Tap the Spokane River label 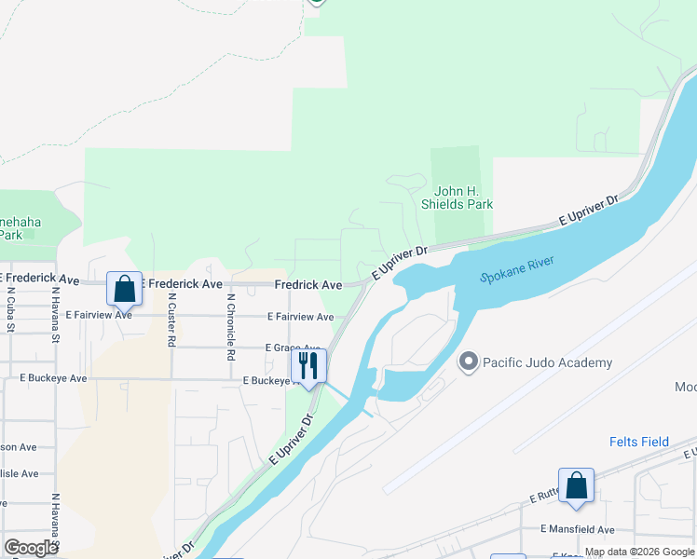[517, 269]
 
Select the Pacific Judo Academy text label [547, 362]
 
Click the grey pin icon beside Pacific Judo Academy [469, 361]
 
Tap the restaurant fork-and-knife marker [309, 365]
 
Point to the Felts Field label [639, 442]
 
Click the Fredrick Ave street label [307, 284]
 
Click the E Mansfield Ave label [578, 529]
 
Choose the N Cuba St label [9, 307]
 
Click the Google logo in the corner [31, 548]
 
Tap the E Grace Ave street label [292, 348]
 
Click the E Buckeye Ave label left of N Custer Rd [53, 378]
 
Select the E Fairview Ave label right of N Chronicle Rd [300, 317]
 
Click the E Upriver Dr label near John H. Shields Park [589, 211]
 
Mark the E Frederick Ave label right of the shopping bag [183, 283]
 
